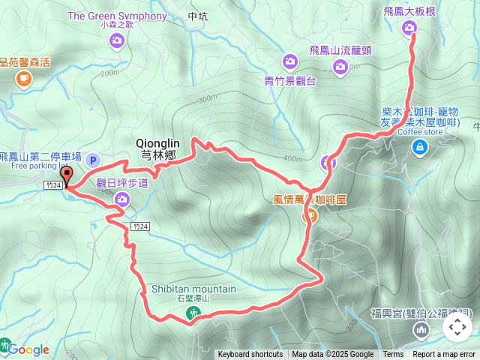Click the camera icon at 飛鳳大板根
coord(409,28)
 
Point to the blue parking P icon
coord(93,160)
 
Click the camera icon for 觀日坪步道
coord(121,199)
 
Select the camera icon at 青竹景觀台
coord(289,61)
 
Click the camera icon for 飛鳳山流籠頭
coord(340,67)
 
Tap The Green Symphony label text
coord(117,16)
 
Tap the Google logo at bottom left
coord(28,349)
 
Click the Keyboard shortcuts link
coord(250,355)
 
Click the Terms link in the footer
coord(393,355)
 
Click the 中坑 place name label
coord(198,16)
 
